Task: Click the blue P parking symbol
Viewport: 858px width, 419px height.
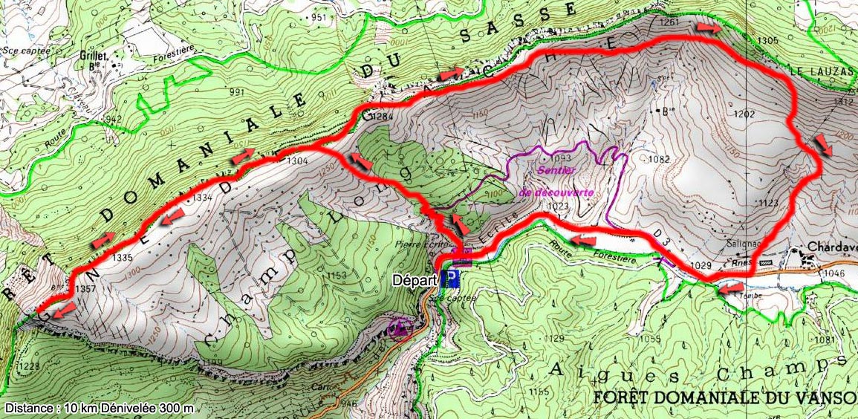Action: pos(450,279)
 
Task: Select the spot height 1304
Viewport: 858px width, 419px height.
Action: pos(297,160)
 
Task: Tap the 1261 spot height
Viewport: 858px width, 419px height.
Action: pos(669,23)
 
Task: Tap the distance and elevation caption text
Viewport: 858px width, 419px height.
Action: pos(100,408)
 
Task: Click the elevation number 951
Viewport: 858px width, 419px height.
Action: pos(319,18)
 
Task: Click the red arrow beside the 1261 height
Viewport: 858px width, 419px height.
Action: pos(707,28)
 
